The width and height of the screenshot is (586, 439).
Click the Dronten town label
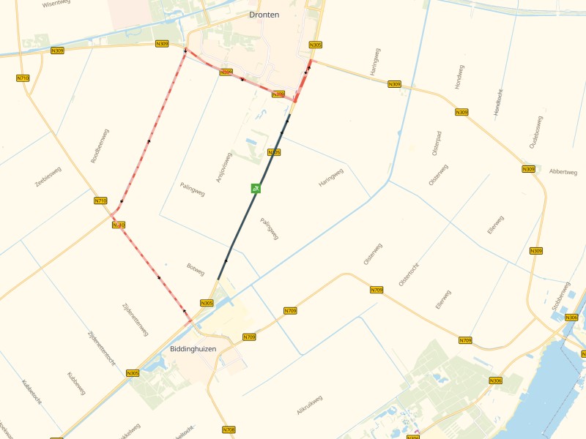pyautogui.click(x=264, y=15)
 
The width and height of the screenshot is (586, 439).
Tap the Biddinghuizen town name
pyautogui.click(x=193, y=349)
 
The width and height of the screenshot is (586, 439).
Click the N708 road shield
pyautogui.click(x=229, y=429)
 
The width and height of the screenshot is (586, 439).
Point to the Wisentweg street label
pyautogui.click(x=56, y=4)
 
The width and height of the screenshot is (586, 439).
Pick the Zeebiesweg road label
pyautogui.click(x=48, y=177)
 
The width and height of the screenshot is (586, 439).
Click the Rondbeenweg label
pyautogui.click(x=100, y=149)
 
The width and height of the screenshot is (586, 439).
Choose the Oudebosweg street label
pyautogui.click(x=536, y=132)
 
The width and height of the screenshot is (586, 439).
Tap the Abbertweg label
pyautogui.click(x=563, y=172)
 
